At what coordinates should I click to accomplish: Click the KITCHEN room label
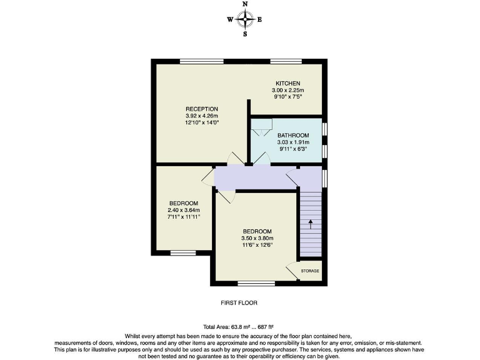(288, 84)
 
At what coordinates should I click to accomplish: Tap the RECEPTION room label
(201, 109)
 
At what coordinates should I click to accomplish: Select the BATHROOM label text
(293, 136)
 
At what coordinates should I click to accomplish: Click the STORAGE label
(311, 271)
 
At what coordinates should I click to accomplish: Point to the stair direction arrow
(311, 224)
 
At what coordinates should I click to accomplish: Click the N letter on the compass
(244, 4)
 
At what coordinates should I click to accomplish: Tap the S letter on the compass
(244, 34)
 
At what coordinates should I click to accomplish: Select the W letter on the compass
(230, 19)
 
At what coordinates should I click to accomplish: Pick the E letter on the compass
(259, 19)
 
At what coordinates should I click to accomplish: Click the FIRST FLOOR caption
(239, 302)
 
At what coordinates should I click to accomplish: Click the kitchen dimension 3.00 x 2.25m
(288, 91)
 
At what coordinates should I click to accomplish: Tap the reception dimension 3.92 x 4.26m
(201, 116)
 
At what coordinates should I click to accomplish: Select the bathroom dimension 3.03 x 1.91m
(293, 142)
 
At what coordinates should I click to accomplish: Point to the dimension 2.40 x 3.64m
(184, 210)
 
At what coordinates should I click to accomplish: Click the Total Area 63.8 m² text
(239, 327)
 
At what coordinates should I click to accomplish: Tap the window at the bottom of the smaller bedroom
(182, 253)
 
